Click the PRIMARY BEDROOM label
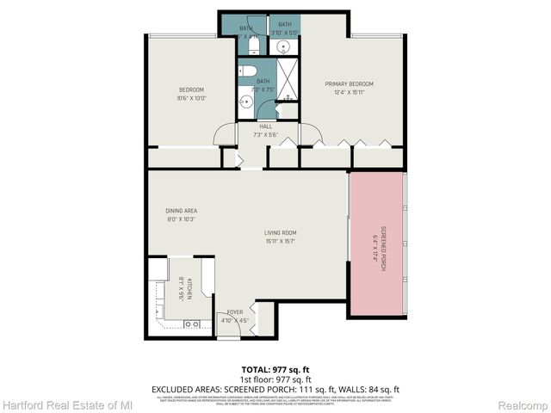pyautogui.click(x=349, y=83)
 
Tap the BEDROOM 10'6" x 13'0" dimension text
pyautogui.click(x=191, y=98)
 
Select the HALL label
pyautogui.click(x=254, y=126)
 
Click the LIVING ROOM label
pyautogui.click(x=281, y=232)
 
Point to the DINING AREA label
pyautogui.click(x=182, y=211)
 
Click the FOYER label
pyautogui.click(x=235, y=311)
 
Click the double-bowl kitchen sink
pyautogui.click(x=191, y=324)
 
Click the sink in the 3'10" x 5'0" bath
pyautogui.click(x=283, y=48)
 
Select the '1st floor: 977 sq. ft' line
pyautogui.click(x=275, y=379)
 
